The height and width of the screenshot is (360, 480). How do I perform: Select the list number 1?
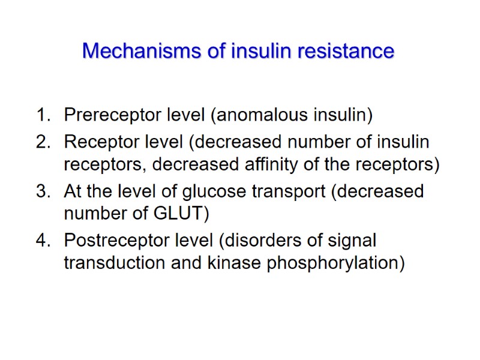pos(41,114)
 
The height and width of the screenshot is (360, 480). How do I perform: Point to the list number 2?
pos(41,142)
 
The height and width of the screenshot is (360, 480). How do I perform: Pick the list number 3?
pos(41,191)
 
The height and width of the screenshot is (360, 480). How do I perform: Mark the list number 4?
pos(41,241)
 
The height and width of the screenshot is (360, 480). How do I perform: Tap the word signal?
pos(351,241)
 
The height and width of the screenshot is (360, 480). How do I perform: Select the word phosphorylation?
pos(327,262)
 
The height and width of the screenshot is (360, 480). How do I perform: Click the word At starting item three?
pos(73,191)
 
